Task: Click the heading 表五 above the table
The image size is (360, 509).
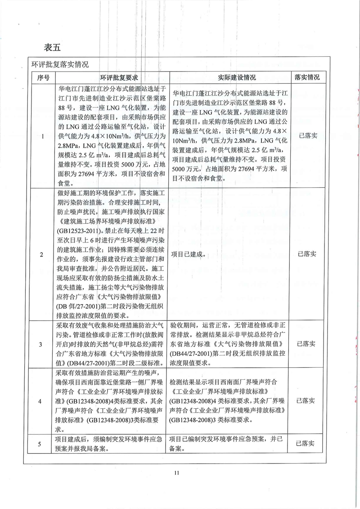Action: (53, 47)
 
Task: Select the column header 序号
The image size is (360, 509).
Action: (41, 77)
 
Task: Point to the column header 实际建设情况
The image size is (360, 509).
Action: (230, 77)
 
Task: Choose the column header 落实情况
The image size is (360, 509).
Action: (306, 77)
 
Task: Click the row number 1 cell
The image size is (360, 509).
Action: (41, 137)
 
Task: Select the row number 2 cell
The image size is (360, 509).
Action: (41, 254)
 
